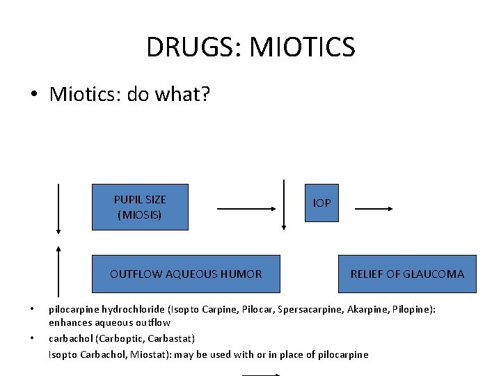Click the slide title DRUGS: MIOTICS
(x=250, y=47)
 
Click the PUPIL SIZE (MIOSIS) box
(x=140, y=207)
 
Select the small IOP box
(x=321, y=203)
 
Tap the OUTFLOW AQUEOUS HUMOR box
(x=186, y=274)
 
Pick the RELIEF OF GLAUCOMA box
(x=407, y=274)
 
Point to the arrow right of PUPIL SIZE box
(x=247, y=207)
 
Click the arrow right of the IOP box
(x=374, y=207)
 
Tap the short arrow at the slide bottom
(x=261, y=375)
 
